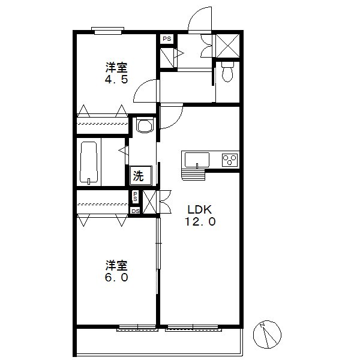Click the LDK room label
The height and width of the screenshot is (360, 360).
[200, 209]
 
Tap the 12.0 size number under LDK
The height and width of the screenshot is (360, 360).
[200, 222]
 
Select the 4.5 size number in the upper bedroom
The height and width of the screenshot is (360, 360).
[116, 79]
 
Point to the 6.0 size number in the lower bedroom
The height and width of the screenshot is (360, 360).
[116, 277]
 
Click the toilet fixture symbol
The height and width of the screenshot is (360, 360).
[227, 71]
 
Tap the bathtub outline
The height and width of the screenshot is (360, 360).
[89, 163]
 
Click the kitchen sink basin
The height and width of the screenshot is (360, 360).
[197, 160]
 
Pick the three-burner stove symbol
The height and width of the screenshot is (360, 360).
[230, 160]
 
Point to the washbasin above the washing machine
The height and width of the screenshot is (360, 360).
[145, 125]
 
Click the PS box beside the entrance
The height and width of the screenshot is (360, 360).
[167, 39]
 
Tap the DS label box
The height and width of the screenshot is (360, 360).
[136, 211]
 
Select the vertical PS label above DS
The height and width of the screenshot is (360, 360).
[135, 197]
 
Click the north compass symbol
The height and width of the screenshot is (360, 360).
[267, 334]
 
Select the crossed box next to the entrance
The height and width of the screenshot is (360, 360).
[228, 46]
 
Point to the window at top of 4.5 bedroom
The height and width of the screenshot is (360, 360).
[107, 31]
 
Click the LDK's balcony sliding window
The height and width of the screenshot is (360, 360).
[194, 328]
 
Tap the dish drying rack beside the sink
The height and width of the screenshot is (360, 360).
[193, 174]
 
